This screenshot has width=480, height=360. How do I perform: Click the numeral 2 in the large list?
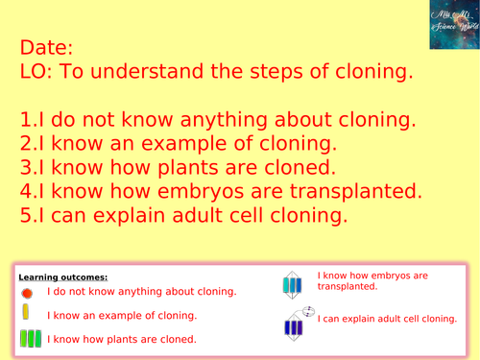pyautogui.click(x=24, y=145)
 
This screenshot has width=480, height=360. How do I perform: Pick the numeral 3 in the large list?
pyautogui.click(x=24, y=169)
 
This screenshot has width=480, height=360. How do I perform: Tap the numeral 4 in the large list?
pyautogui.click(x=24, y=192)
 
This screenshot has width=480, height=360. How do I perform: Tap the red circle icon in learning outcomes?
pyautogui.click(x=27, y=292)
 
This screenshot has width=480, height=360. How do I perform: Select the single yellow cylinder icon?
pyautogui.click(x=27, y=314)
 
